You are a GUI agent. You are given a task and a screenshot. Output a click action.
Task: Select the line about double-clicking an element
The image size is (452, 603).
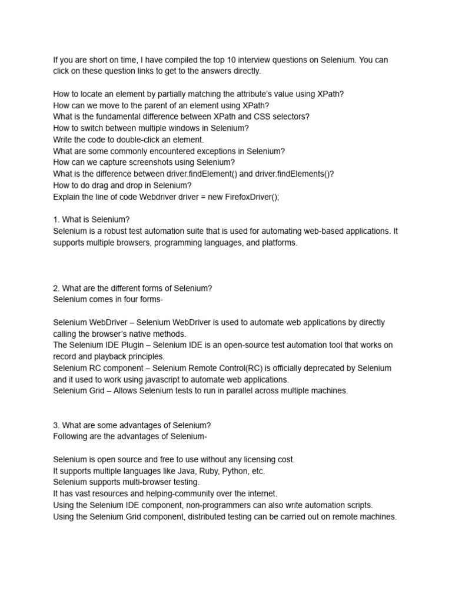pyautogui.click(x=128, y=140)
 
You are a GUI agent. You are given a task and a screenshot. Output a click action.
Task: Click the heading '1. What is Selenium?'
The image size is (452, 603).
pyautogui.click(x=91, y=220)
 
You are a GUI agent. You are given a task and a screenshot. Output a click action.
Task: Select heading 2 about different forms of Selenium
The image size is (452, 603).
pyautogui.click(x=132, y=288)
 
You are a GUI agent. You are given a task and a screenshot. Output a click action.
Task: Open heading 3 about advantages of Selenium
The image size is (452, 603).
pyautogui.click(x=132, y=425)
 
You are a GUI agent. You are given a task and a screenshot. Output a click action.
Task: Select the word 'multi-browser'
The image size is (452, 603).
pyautogui.click(x=152, y=482)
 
